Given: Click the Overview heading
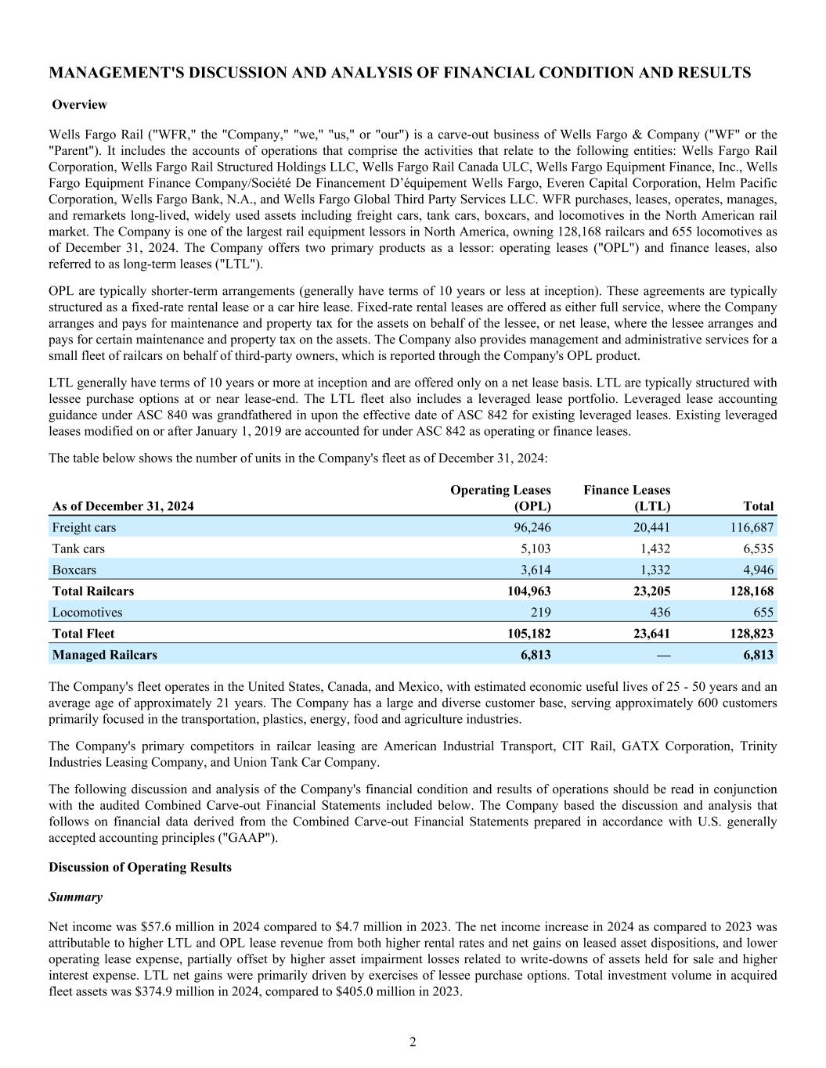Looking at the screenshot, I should click(79, 105).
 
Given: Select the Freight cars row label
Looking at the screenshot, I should click(84, 528).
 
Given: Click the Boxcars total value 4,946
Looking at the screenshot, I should click(756, 570).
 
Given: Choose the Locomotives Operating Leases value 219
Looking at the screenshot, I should click(539, 613).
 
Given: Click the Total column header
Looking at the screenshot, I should click(759, 506).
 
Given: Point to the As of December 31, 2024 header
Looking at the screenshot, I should click(123, 506).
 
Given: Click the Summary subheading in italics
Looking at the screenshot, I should click(75, 897).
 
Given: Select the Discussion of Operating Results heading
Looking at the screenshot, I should click(140, 868).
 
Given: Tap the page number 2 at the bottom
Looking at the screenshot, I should click(413, 1042).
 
